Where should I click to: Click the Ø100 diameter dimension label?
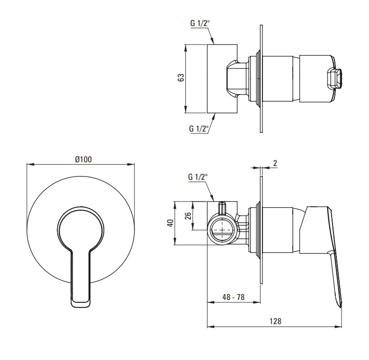pyautogui.click(x=83, y=159)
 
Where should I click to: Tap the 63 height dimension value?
pyautogui.click(x=181, y=78)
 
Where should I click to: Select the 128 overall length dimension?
pyautogui.click(x=275, y=321)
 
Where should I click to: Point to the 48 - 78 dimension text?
pyautogui.click(x=234, y=297)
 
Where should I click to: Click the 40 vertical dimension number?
pyautogui.click(x=170, y=223)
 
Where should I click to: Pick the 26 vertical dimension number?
pyautogui.click(x=188, y=216)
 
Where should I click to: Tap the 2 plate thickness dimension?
pyautogui.click(x=275, y=163)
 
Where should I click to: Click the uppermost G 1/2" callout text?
pyautogui.click(x=200, y=23)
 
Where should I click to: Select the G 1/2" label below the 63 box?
pyautogui.click(x=199, y=129)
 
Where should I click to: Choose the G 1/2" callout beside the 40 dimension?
pyautogui.click(x=198, y=177)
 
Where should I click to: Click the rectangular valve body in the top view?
pyautogui.click(x=222, y=79)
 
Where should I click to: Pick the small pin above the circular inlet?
pyautogui.click(x=222, y=208)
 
